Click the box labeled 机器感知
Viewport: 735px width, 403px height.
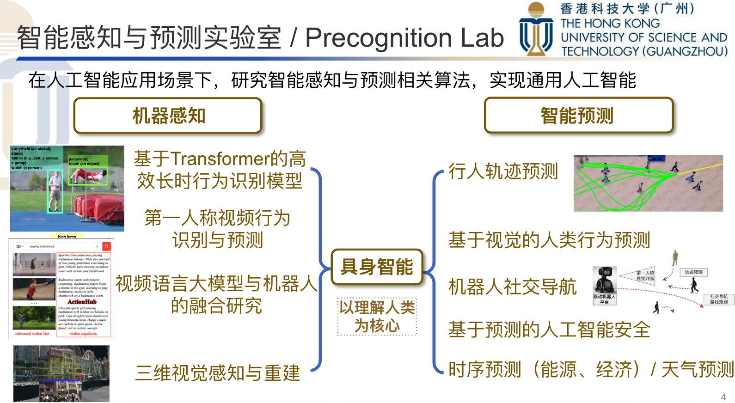tap(168, 116)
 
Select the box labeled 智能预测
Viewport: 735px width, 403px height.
tap(578, 116)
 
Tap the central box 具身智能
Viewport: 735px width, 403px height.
tap(377, 267)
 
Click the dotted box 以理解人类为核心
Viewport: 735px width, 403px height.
tap(377, 317)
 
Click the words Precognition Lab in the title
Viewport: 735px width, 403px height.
tap(404, 38)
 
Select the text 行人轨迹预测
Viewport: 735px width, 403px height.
tap(503, 171)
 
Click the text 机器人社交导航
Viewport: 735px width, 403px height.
tap(512, 287)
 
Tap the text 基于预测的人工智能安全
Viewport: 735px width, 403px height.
tap(549, 330)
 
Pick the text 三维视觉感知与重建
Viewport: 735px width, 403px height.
tap(217, 373)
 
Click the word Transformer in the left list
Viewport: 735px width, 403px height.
tap(220, 159)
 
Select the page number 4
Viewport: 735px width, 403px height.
tap(723, 397)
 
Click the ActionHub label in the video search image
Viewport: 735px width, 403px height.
tap(82, 302)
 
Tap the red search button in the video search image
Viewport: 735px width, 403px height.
tap(107, 246)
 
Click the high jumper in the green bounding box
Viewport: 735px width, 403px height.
tap(89, 176)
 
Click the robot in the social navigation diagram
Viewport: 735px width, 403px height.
tap(604, 280)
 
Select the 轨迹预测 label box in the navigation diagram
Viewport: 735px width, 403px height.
tap(693, 273)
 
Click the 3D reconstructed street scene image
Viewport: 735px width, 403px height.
tap(61, 373)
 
